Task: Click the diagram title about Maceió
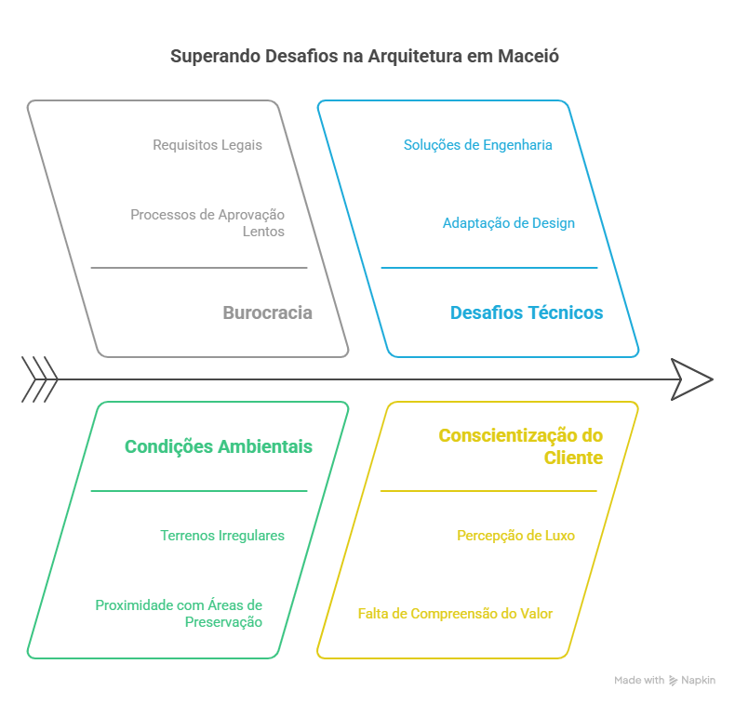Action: coord(365,57)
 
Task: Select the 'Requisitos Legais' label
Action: coord(207,145)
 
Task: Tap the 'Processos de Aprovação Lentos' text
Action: coord(207,222)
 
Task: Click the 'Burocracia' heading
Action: coord(267,313)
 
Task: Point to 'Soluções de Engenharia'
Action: coord(478,145)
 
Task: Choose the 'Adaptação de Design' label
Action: coord(508,223)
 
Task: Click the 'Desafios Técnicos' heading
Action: coord(526,313)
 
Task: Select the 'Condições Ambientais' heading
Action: coord(219,447)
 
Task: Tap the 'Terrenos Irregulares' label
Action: coord(222,536)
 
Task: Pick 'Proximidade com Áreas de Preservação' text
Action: coord(179,613)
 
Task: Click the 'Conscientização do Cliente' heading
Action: coord(520,446)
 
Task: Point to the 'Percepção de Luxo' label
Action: coord(515,536)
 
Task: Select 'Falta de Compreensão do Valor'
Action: coord(455,614)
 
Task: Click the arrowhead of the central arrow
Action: coord(692,379)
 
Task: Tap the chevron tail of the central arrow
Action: coord(39,379)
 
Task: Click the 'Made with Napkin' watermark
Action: coord(664,681)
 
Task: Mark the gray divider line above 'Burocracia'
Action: coord(198,268)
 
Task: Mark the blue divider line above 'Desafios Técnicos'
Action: coord(488,268)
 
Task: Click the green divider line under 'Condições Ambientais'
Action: coord(198,490)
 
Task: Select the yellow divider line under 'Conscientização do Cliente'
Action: coord(488,490)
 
